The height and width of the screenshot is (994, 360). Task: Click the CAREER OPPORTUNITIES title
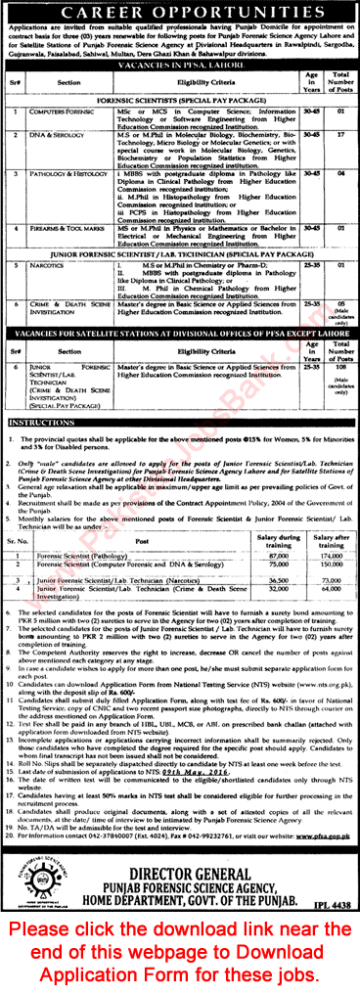point(180,14)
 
